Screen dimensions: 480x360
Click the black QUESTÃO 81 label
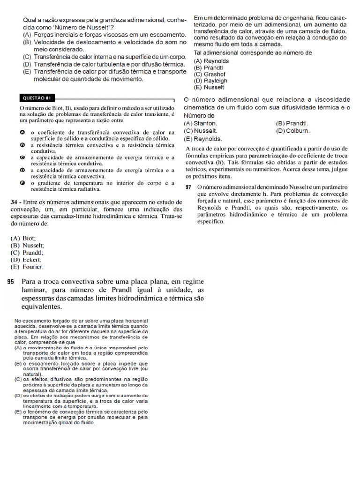pos(37,98)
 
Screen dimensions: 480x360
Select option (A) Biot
pos(23,238)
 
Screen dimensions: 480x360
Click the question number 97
pos(188,187)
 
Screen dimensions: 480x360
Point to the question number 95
pos(11,282)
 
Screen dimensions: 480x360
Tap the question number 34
pos(15,202)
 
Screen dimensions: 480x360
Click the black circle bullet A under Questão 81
pos(22,133)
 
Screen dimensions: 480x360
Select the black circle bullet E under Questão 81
pos(22,183)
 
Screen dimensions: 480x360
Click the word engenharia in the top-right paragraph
pos(294,17)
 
